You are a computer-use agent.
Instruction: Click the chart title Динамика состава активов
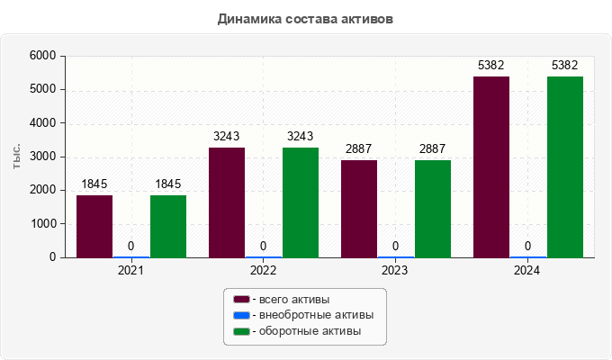tap(305, 18)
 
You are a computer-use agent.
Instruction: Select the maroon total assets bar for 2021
tap(94, 226)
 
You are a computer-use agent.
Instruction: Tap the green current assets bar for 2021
tap(168, 226)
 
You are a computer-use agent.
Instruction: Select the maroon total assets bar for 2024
tap(491, 166)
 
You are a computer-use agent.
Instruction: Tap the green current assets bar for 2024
tap(565, 166)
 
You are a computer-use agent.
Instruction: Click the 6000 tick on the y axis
tap(42, 56)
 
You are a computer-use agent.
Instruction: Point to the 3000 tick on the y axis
tap(42, 157)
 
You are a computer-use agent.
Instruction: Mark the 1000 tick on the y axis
tap(42, 224)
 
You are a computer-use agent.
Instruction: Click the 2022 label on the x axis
tap(263, 270)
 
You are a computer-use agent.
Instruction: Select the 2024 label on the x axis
tap(527, 270)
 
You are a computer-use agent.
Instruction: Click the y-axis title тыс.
tap(18, 157)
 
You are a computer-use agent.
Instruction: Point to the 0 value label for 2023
tap(396, 246)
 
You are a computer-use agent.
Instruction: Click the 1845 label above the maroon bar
tap(94, 184)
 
